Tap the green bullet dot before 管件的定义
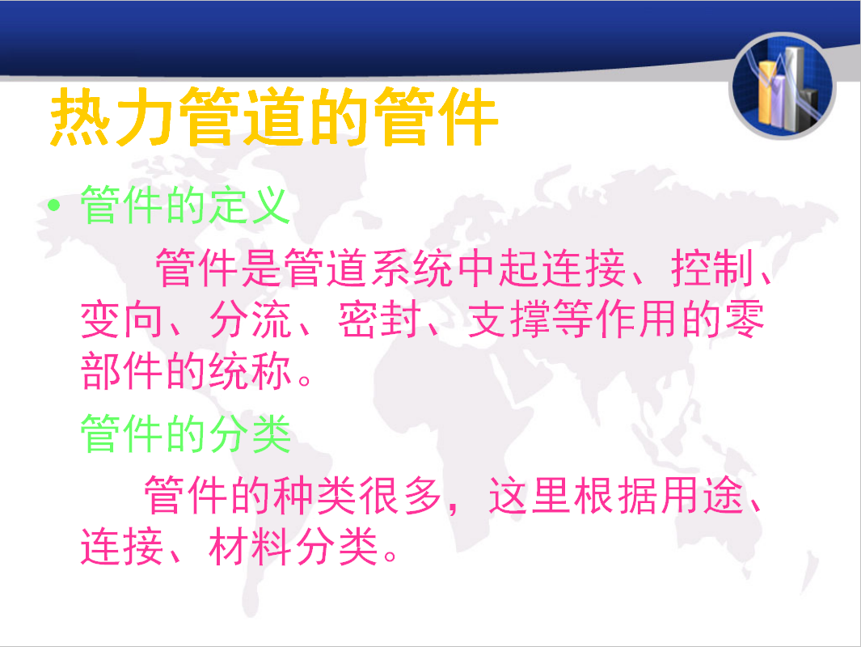[x=54, y=205]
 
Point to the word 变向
[x=121, y=319]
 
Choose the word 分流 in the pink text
[x=251, y=319]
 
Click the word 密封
[x=379, y=319]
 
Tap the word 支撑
[x=509, y=319]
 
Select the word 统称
[x=251, y=370]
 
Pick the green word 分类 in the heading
[x=251, y=433]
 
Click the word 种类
[x=315, y=496]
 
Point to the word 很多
[x=401, y=496]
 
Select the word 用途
[x=702, y=496]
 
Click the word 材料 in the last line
[x=251, y=547]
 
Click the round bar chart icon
[x=783, y=87]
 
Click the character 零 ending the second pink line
[x=744, y=319]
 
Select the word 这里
[x=530, y=496]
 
